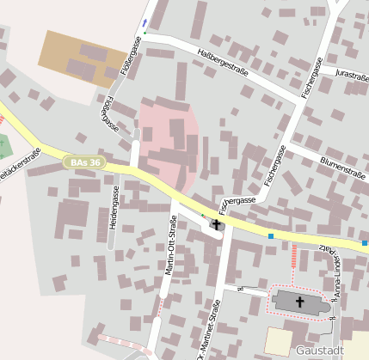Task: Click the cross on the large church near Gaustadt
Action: (x=300, y=302)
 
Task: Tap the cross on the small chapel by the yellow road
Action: (x=216, y=225)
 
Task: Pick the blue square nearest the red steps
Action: (x=271, y=236)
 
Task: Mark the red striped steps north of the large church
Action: (x=294, y=255)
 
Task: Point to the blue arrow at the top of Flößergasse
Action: (x=145, y=21)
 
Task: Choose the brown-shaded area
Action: (x=77, y=57)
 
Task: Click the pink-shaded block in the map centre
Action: (x=169, y=142)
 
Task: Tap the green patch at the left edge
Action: (x=5, y=147)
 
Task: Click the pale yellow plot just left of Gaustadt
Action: (x=278, y=340)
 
